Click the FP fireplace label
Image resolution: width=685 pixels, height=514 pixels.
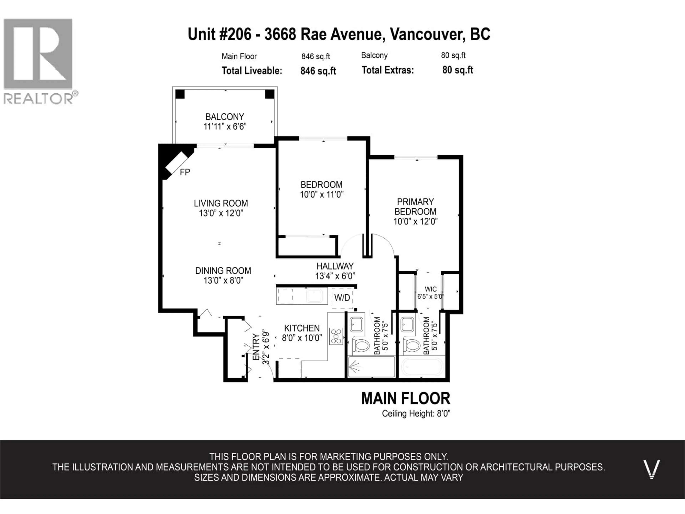[x=185, y=172]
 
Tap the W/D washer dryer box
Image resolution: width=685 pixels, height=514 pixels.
[x=342, y=298]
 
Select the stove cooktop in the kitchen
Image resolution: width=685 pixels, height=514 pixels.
[x=336, y=336]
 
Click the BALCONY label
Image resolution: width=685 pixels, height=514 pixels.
[x=225, y=117]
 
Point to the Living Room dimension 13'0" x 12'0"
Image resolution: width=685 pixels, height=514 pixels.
[x=221, y=213]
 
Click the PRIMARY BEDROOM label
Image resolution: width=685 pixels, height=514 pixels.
[x=415, y=207]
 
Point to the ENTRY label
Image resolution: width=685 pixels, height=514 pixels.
[x=256, y=347]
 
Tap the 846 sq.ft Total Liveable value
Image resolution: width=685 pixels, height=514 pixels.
[x=318, y=71]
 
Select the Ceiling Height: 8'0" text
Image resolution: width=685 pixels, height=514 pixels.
[x=416, y=414]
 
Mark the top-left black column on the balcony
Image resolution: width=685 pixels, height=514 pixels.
[x=180, y=94]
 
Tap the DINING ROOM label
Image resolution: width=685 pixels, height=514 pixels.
[x=223, y=271]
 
